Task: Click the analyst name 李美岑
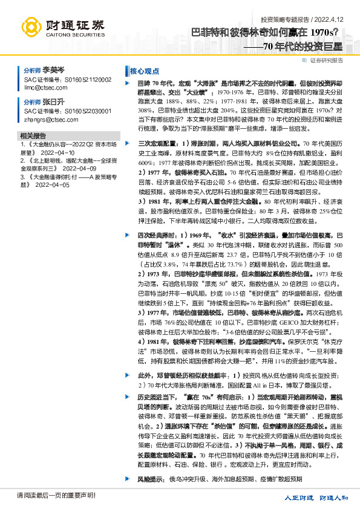click(x=53, y=70)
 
